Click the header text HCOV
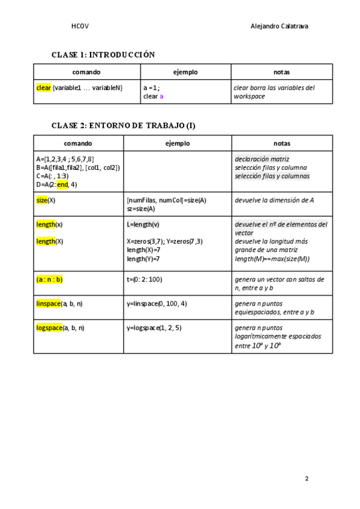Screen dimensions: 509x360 (80, 26)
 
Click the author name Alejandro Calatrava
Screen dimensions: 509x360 (280, 26)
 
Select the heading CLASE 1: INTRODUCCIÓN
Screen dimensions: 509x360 (103, 55)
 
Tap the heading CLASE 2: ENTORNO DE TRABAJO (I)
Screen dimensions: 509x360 (124, 125)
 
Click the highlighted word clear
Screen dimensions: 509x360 (43, 88)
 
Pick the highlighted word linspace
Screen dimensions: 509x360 (49, 304)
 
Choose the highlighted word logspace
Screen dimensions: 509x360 (49, 328)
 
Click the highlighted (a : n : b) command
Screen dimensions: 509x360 (50, 279)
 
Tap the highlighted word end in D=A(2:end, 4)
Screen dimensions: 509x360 (62, 185)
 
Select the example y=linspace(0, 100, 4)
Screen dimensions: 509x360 (157, 304)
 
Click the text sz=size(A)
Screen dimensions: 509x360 (141, 209)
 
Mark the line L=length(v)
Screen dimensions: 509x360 (143, 224)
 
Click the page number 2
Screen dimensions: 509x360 (306, 479)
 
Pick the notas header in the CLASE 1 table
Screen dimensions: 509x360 (281, 72)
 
